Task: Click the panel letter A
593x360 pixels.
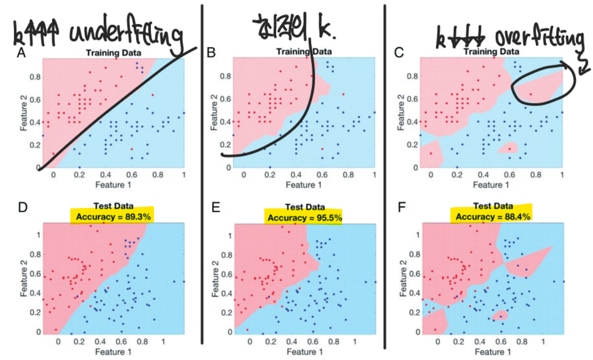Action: click(x=21, y=52)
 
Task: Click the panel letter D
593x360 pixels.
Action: click(x=23, y=208)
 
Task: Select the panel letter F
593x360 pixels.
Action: click(x=402, y=208)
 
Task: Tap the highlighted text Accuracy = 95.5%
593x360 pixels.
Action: click(x=304, y=218)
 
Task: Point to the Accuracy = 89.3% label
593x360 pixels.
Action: click(x=113, y=217)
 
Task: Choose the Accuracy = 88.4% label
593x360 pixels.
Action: click(x=493, y=217)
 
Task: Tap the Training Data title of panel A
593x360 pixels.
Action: click(x=113, y=53)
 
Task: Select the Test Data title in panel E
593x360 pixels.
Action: click(x=305, y=207)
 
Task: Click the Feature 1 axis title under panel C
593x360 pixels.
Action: click(x=491, y=185)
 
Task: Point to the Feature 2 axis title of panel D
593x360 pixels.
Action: click(x=24, y=278)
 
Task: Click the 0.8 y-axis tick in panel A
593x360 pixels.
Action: click(x=35, y=77)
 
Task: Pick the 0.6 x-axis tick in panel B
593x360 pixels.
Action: click(x=322, y=175)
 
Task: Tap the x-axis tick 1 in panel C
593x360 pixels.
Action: click(x=562, y=175)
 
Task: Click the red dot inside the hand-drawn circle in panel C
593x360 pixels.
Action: click(x=531, y=94)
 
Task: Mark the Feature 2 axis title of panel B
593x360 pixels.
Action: click(x=214, y=112)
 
